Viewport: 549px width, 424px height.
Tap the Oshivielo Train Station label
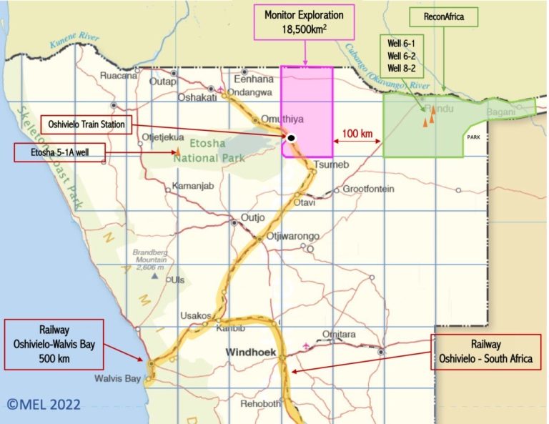pyautogui.click(x=86, y=124)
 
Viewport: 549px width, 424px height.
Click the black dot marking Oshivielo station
pyautogui.click(x=292, y=137)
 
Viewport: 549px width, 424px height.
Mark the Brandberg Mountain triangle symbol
pyautogui.click(x=153, y=275)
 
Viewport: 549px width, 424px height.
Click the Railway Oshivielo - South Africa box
pyautogui.click(x=486, y=351)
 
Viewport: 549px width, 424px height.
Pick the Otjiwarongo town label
pyautogui.click(x=292, y=236)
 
